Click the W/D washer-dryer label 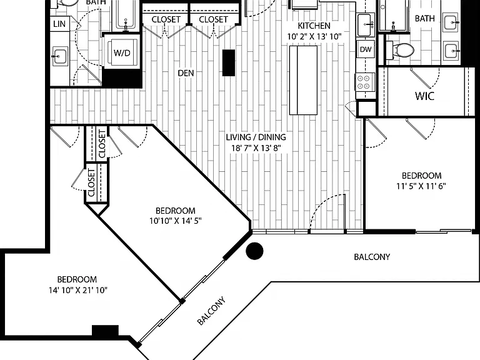click(122, 53)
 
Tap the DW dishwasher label click(366, 49)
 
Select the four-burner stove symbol click(365, 82)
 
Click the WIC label click(424, 96)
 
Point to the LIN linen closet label click(59, 24)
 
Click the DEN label click(186, 73)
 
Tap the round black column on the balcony click(254, 251)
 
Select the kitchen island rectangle click(303, 80)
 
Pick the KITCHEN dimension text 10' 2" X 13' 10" click(314, 37)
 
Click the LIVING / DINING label click(256, 137)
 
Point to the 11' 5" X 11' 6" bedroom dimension click(421, 186)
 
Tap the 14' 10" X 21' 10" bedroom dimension click(78, 290)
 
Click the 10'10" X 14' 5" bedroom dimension click(176, 221)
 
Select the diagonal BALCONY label click(211, 311)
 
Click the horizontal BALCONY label click(372, 257)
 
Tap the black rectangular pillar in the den click(229, 62)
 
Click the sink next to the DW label click(366, 25)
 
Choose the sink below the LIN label click(60, 56)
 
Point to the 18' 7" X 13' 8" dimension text click(256, 148)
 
